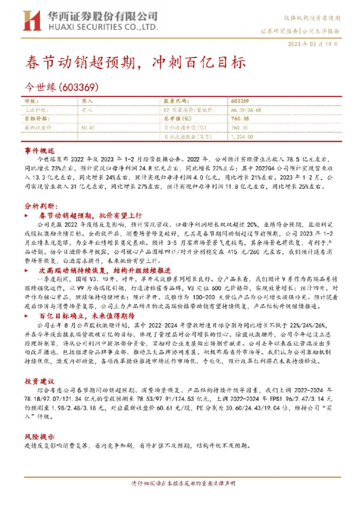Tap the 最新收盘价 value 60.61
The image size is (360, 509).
[x=88, y=128]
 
